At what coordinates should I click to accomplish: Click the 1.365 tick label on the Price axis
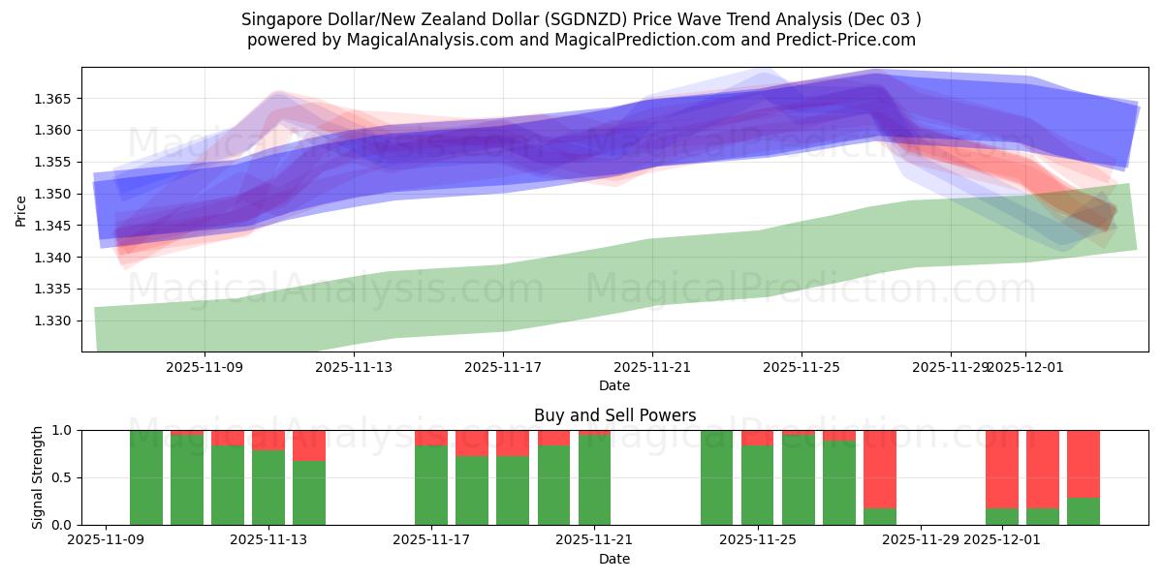tap(54, 99)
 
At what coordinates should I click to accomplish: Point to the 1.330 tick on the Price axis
tap(54, 321)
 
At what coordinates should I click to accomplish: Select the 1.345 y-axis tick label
tap(54, 226)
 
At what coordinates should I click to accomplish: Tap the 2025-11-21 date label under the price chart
tap(652, 367)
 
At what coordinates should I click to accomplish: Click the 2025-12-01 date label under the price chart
tap(1027, 367)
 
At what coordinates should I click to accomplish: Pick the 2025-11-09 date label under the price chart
tap(204, 367)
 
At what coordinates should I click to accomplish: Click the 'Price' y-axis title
tap(20, 209)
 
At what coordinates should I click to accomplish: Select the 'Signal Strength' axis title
tap(38, 477)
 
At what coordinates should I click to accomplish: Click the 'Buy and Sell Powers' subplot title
tap(614, 415)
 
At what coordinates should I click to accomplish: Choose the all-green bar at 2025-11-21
tap(594, 477)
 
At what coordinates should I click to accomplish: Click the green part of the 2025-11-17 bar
tap(431, 486)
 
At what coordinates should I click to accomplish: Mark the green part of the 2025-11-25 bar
tap(757, 486)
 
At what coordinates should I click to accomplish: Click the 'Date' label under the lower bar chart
tap(614, 559)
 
